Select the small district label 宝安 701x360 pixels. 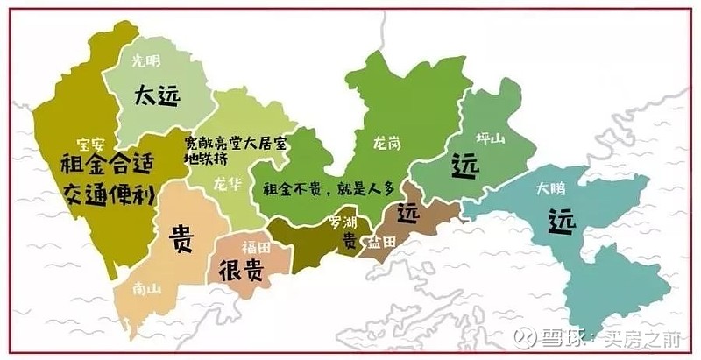click(90, 145)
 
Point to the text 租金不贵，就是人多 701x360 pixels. click(322, 187)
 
